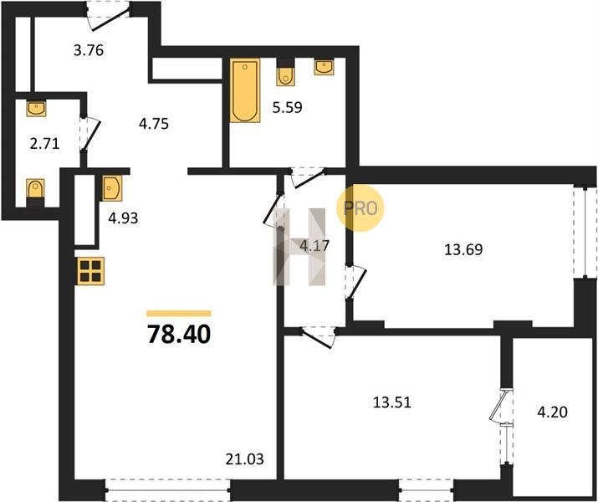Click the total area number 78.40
[x=179, y=334]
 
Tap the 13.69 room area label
[x=463, y=249]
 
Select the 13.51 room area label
[x=391, y=402]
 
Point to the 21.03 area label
[x=244, y=458]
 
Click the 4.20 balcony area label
[x=552, y=412]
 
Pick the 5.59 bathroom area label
[x=287, y=108]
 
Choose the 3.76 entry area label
[x=89, y=50]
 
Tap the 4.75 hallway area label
[x=154, y=124]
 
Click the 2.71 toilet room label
[x=44, y=144]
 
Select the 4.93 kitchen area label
[x=123, y=218]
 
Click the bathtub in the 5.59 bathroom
[x=245, y=90]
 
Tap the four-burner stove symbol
[x=90, y=271]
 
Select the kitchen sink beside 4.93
[x=112, y=187]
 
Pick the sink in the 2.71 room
[x=36, y=108]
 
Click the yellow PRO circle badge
[x=360, y=207]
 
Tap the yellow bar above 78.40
[x=179, y=314]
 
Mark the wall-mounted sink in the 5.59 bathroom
[x=325, y=67]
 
